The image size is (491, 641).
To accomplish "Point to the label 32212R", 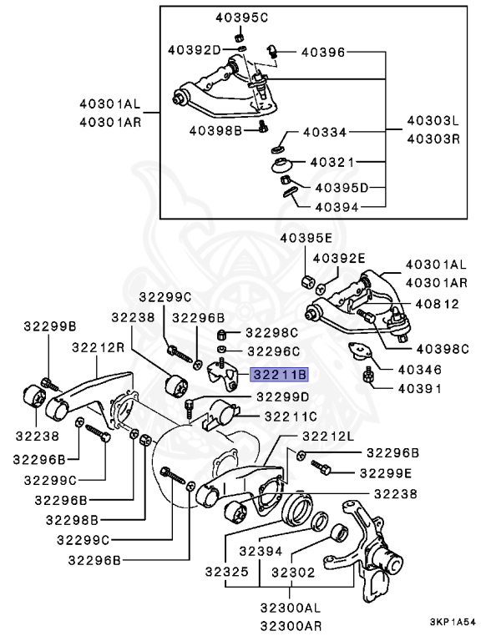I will (x=98, y=347).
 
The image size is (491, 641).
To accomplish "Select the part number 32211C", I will (x=291, y=415).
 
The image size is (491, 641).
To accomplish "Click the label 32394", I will (x=261, y=551).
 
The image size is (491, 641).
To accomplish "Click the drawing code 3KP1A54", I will (x=452, y=622).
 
